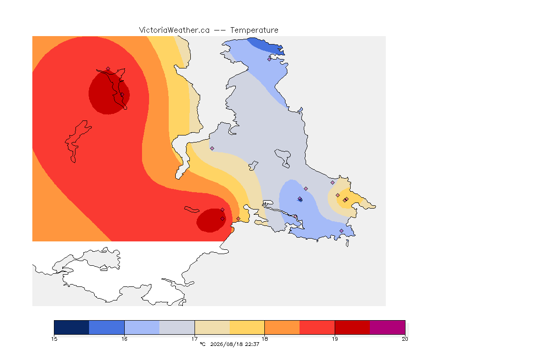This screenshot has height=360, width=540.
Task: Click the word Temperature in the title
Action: [254, 30]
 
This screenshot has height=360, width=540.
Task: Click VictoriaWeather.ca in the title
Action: [174, 30]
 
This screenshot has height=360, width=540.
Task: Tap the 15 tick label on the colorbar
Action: [54, 339]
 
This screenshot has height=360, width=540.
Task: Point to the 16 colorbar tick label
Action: [124, 339]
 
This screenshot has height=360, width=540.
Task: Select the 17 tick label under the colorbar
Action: [195, 339]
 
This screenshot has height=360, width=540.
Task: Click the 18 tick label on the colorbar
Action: [264, 339]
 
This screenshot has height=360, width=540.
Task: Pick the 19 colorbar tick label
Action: [335, 339]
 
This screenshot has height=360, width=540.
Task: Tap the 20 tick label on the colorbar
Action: [405, 339]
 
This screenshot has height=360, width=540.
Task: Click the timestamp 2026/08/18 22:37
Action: [234, 344]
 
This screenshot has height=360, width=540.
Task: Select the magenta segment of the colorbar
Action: [388, 327]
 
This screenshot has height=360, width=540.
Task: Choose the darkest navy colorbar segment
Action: [72, 327]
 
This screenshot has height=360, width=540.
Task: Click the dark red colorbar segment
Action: [352, 327]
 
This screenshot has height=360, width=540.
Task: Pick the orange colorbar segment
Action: [282, 327]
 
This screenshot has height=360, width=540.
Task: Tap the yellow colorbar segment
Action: [247, 327]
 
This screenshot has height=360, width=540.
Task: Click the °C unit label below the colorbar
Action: [202, 344]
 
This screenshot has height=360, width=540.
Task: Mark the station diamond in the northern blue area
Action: [270, 59]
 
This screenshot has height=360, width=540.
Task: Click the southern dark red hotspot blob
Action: [211, 220]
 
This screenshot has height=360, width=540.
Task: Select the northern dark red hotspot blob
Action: [108, 92]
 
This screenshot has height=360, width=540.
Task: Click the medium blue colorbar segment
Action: [107, 327]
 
